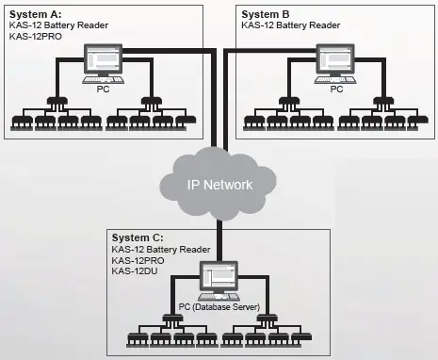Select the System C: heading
pyautogui.click(x=138, y=237)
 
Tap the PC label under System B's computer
pyautogui.click(x=334, y=90)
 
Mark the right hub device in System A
pyautogui.click(x=148, y=99)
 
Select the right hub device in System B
pyautogui.click(x=381, y=99)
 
